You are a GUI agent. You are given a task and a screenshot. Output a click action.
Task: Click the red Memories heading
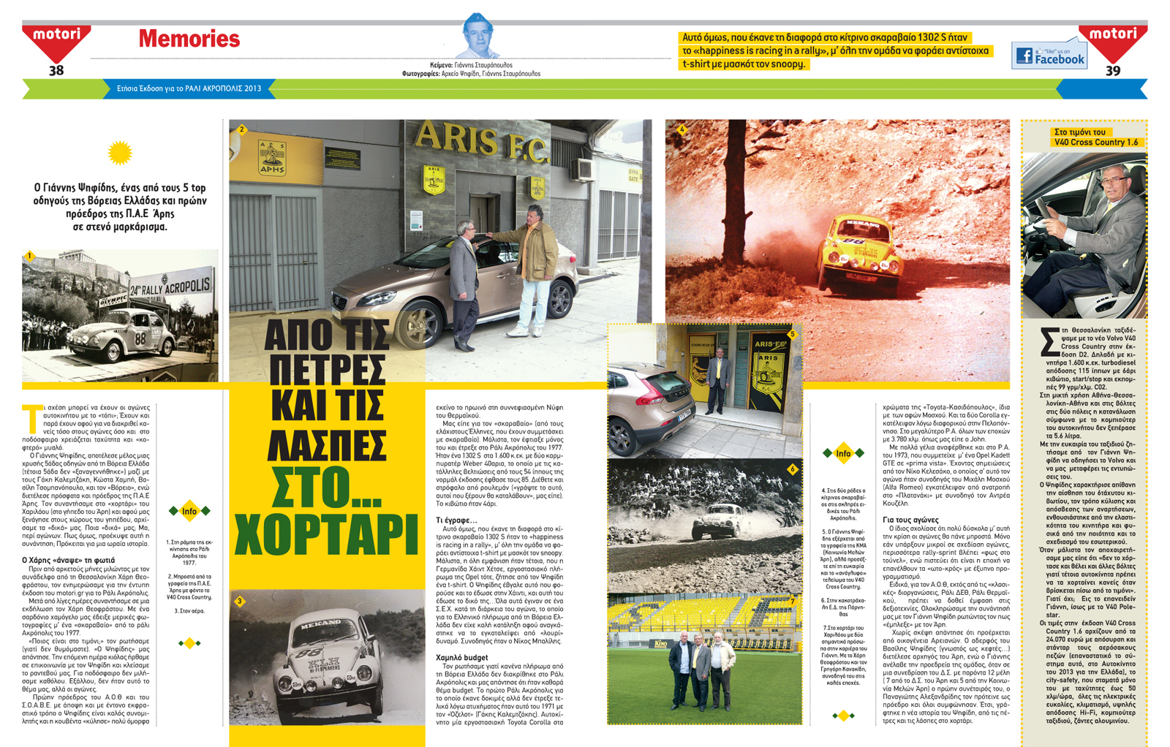click(x=189, y=39)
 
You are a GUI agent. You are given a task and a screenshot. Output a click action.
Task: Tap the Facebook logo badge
click(x=1049, y=55)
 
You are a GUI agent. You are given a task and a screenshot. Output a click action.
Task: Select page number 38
click(x=56, y=70)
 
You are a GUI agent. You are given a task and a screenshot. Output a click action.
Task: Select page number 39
click(x=1112, y=70)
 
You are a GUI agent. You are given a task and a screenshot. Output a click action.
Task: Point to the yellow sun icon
click(x=119, y=153)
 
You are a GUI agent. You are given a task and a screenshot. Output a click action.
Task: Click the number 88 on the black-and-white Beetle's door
click(x=140, y=338)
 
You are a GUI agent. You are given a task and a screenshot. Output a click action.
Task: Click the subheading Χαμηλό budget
click(x=461, y=657)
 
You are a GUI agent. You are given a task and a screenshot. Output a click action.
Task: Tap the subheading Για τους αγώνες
click(x=910, y=519)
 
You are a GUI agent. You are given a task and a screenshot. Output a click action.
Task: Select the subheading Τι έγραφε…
click(x=456, y=520)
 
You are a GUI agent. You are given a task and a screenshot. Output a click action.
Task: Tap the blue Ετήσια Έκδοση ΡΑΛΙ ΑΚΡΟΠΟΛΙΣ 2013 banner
click(x=189, y=88)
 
